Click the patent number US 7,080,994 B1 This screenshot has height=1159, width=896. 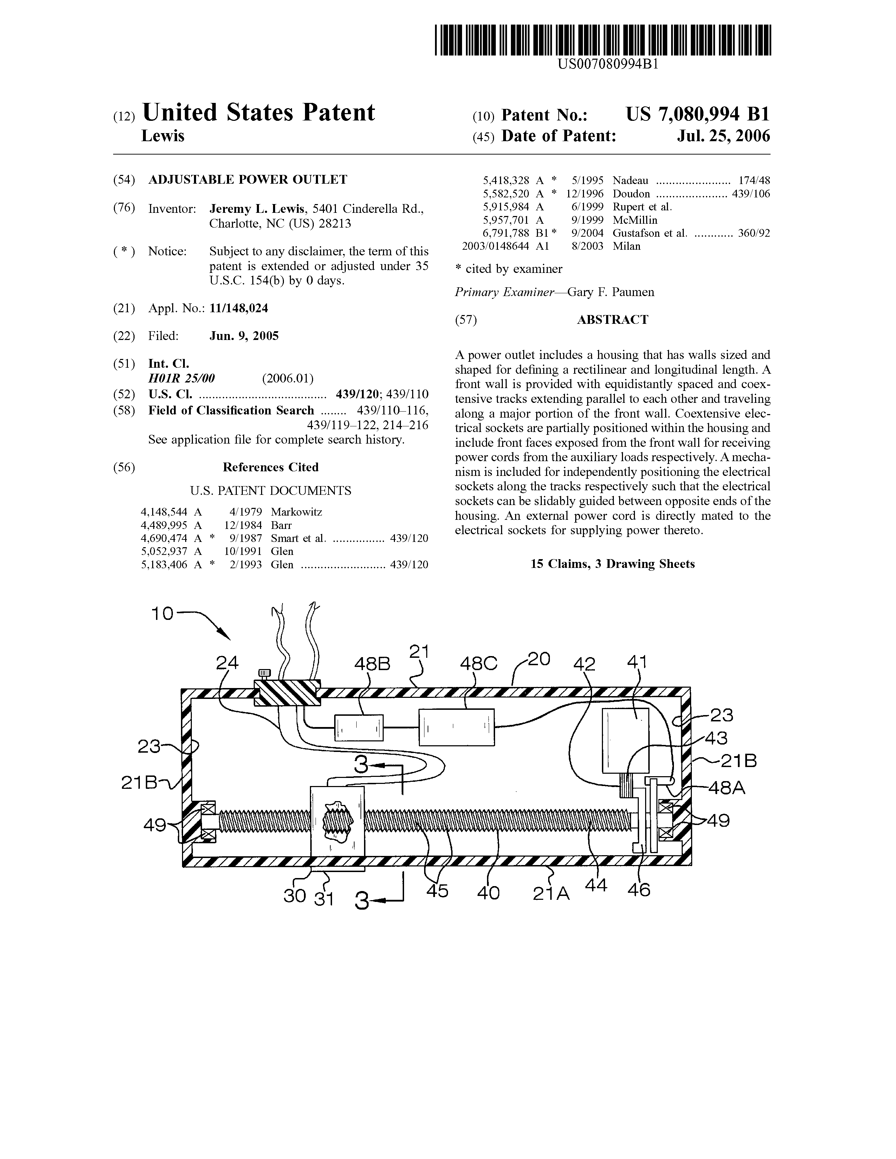click(x=697, y=114)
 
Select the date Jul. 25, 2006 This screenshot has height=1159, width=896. click(x=723, y=136)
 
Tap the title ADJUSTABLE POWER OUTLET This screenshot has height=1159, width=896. click(x=247, y=179)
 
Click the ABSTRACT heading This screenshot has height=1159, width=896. click(x=612, y=320)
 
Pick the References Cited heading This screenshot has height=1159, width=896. click(x=271, y=467)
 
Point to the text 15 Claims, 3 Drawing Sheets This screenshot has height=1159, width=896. click(x=612, y=564)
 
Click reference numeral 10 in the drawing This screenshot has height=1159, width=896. click(x=162, y=614)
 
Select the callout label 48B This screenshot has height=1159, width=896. click(x=372, y=664)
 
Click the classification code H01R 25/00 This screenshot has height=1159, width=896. click(x=182, y=378)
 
